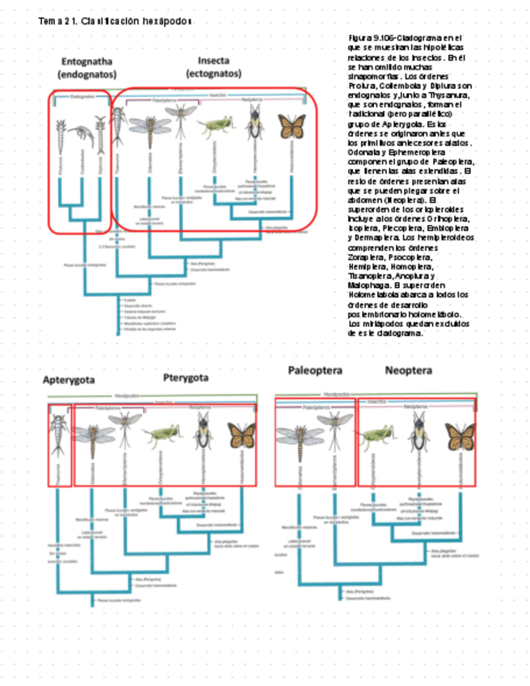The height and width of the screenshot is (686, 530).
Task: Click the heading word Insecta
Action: point(213,61)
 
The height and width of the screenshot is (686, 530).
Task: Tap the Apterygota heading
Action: point(69,379)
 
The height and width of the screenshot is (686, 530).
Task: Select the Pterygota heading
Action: point(185,377)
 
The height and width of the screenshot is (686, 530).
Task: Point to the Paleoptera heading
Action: point(315,371)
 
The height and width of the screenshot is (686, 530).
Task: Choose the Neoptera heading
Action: point(408,371)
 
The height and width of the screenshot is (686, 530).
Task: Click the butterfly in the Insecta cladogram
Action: point(292,125)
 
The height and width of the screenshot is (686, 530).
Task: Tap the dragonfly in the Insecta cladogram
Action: point(149,125)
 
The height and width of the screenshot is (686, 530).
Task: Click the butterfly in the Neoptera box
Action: point(461,437)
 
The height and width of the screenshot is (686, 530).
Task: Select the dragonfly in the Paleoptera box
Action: point(296,435)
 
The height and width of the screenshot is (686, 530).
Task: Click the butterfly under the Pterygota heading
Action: point(241,435)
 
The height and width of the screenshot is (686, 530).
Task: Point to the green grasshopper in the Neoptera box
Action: point(376,438)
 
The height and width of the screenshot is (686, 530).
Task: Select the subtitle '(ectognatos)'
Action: point(213,73)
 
